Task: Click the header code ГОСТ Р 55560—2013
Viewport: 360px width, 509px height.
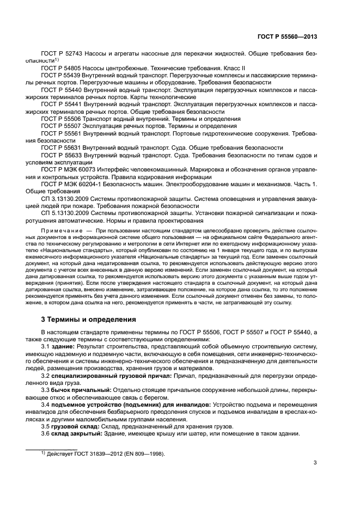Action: (x=289, y=37)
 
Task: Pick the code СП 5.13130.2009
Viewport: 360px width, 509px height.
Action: (x=63, y=214)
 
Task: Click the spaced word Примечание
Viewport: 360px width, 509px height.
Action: (x=59, y=231)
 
